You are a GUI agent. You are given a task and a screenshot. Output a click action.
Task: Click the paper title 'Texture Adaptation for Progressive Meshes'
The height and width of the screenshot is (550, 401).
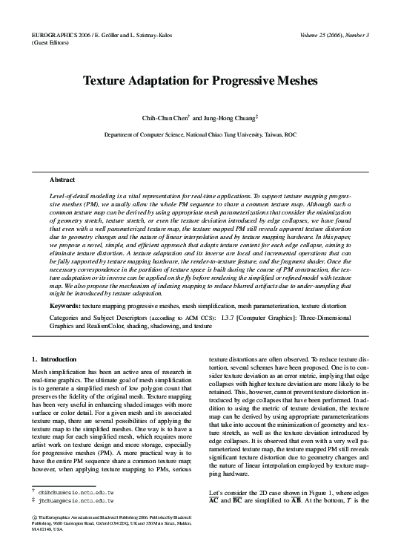point(200,79)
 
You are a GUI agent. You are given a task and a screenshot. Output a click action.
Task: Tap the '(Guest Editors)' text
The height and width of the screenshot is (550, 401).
point(46,44)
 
